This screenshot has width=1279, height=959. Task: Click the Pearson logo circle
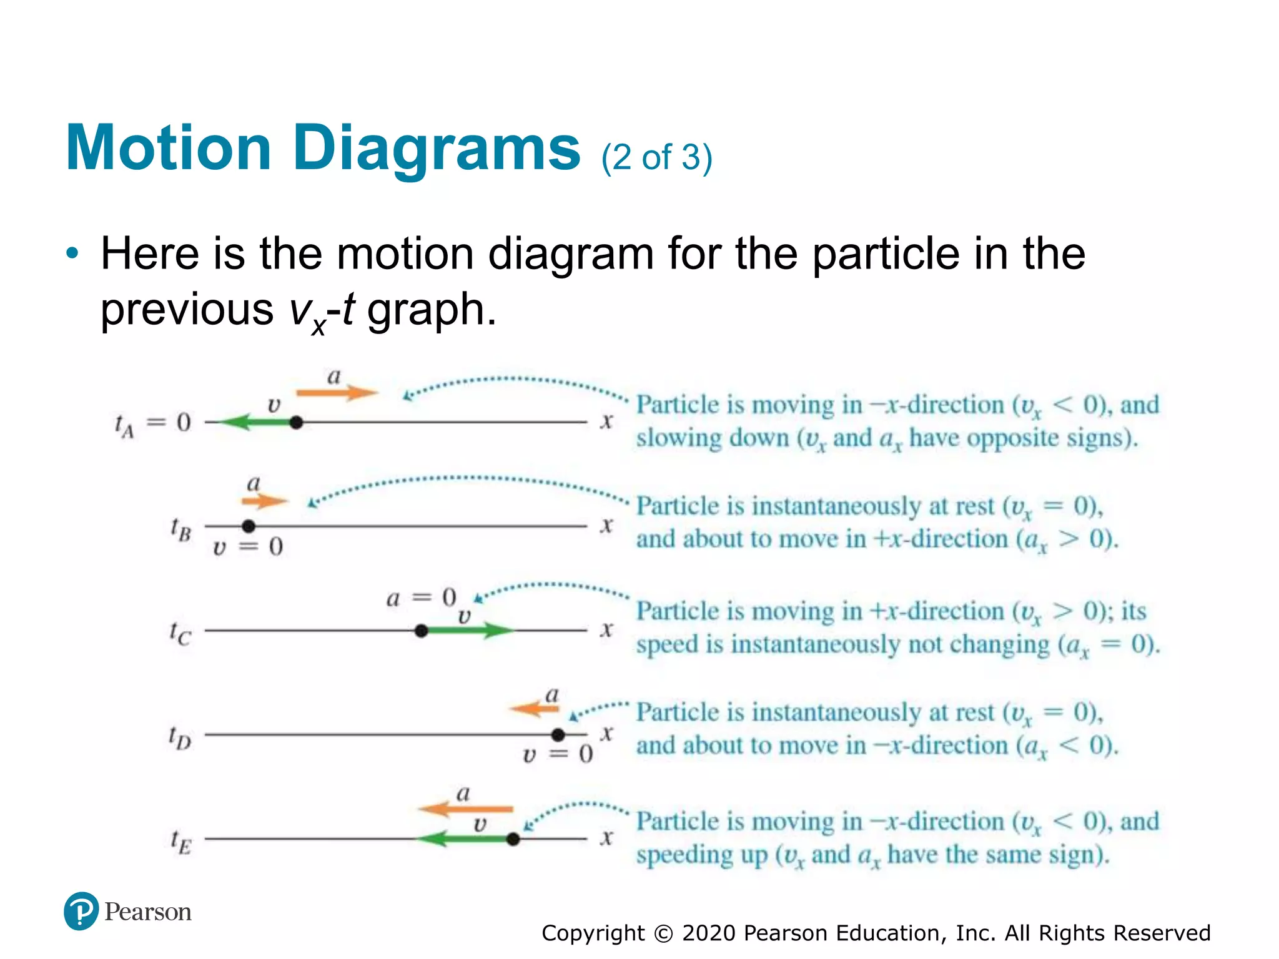click(81, 911)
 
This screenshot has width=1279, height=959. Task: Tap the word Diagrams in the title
click(437, 148)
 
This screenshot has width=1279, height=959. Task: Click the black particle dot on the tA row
click(297, 423)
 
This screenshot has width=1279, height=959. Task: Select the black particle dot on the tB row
click(249, 526)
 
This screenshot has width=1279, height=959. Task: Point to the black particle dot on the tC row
click(422, 631)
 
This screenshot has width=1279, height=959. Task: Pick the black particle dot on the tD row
click(558, 735)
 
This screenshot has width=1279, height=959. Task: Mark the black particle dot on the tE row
click(513, 839)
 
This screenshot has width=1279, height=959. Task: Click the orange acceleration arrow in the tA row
click(337, 393)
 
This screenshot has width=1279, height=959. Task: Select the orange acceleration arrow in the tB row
click(265, 501)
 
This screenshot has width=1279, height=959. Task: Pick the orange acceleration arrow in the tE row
click(465, 810)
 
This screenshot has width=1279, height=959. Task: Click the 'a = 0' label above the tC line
click(421, 598)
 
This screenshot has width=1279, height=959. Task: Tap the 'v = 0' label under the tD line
click(557, 754)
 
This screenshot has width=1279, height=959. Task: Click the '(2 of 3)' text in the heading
click(656, 157)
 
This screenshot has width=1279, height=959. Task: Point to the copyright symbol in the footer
click(663, 933)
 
